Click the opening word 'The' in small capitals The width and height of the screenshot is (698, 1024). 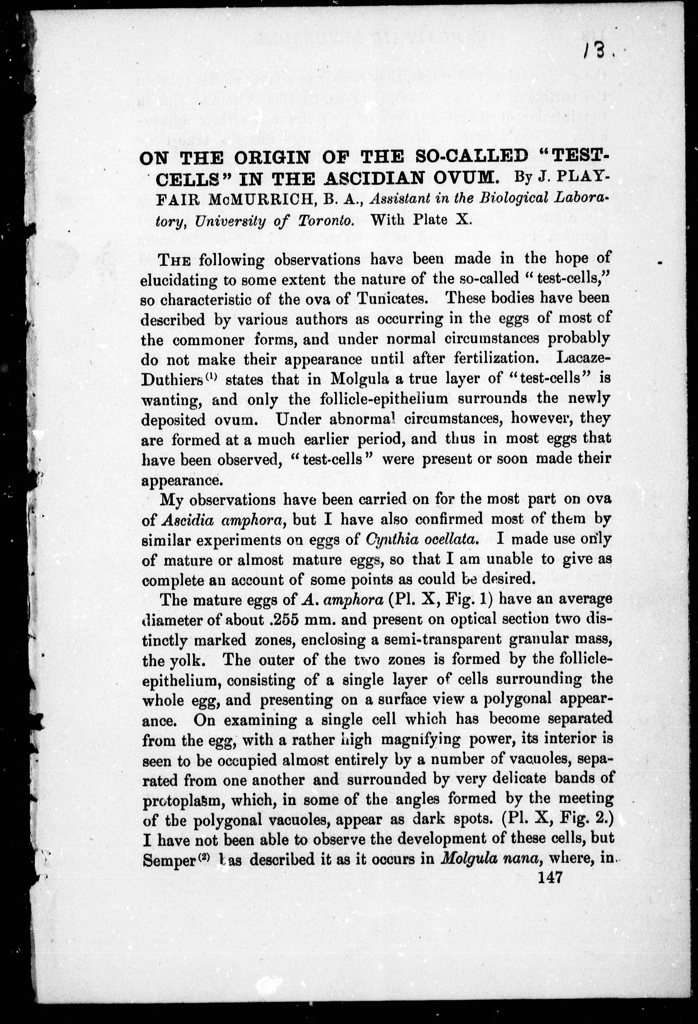tap(175, 260)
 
